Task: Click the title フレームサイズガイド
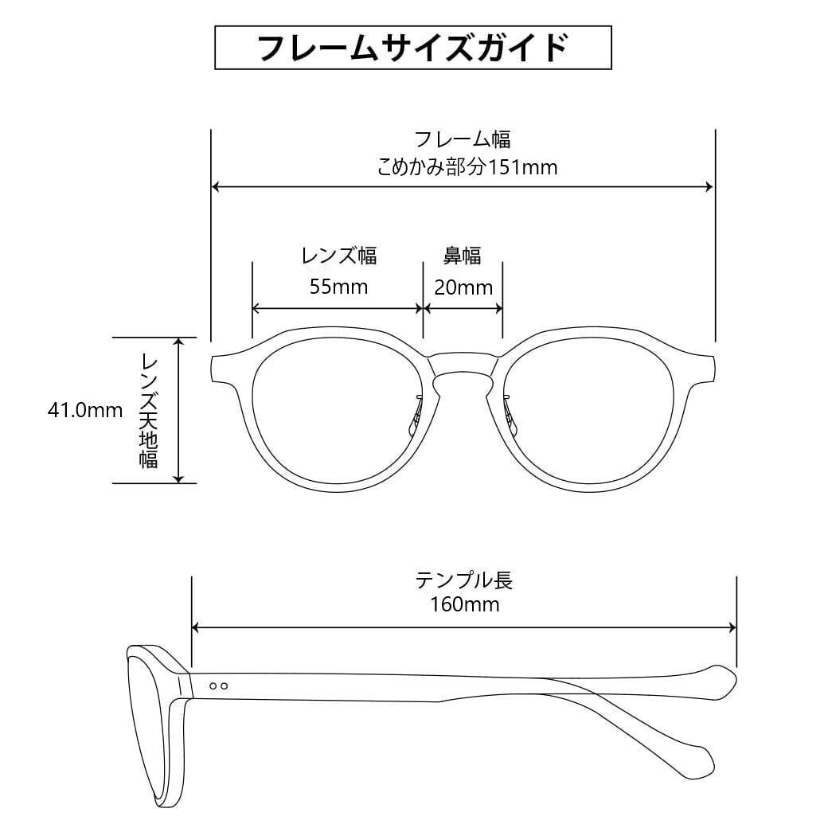(413, 48)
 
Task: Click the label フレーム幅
(463, 139)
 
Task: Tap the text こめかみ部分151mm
(467, 167)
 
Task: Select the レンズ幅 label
(338, 256)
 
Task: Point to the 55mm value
(338, 287)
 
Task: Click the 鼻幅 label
(462, 256)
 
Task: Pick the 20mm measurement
(463, 287)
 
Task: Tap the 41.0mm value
(85, 411)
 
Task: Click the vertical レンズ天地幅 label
(149, 410)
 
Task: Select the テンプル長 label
(464, 579)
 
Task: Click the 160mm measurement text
(464, 604)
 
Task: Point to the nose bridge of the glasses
(463, 365)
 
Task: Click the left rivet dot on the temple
(213, 685)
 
